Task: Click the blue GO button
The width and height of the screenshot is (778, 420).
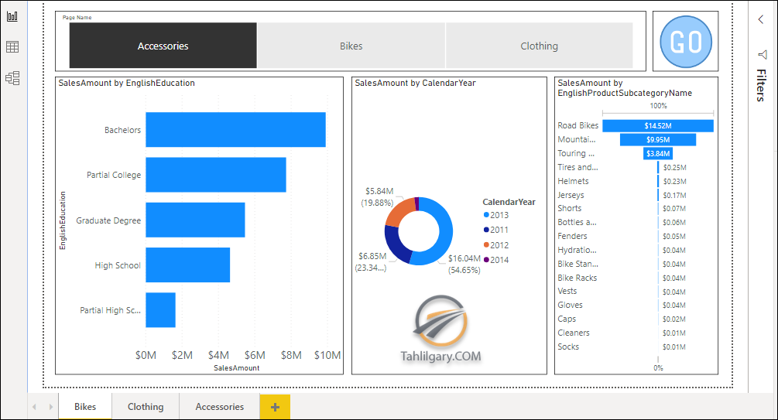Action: pos(686,42)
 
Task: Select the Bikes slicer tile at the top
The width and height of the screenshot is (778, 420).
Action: pos(351,46)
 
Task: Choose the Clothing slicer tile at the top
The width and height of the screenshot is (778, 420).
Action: pos(540,46)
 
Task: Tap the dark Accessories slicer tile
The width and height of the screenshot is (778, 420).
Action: pos(163,46)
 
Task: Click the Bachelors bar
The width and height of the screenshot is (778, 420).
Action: pos(235,130)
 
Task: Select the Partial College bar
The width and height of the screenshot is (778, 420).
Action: pos(216,175)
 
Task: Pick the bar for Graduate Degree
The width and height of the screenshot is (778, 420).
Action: pos(195,220)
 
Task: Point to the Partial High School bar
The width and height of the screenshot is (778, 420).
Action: pos(161,310)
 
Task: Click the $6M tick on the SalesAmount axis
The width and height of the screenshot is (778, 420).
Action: pos(255,355)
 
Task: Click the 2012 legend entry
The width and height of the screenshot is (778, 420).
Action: pos(496,245)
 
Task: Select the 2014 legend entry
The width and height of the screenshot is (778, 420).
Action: pos(496,260)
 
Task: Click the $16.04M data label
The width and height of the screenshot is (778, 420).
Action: pos(464,258)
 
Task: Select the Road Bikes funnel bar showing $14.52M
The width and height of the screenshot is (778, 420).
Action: pos(658,126)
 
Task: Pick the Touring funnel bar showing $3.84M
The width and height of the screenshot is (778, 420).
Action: pos(658,154)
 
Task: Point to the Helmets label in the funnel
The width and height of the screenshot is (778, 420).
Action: pos(573,181)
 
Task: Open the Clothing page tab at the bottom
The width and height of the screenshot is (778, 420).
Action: pos(146,407)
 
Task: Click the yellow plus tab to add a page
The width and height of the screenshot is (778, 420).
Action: pos(275,407)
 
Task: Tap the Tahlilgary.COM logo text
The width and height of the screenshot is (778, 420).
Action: pos(440,357)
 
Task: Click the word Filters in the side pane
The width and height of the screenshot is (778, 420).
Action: pos(761,85)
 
